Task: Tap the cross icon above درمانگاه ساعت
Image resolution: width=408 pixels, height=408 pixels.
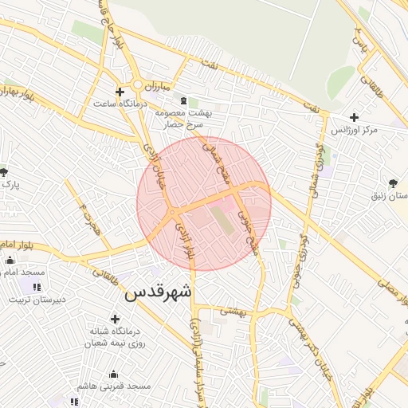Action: (x=120, y=92)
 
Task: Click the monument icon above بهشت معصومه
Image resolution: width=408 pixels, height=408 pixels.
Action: (x=185, y=101)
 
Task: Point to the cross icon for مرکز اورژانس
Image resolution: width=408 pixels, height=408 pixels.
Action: (x=353, y=117)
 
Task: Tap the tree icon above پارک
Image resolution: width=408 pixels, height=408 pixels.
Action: (x=4, y=172)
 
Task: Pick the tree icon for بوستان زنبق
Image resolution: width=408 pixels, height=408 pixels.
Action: (x=393, y=183)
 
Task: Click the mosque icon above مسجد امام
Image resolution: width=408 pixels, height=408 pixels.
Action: (x=10, y=260)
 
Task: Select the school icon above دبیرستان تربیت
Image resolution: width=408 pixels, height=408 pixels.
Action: (x=36, y=287)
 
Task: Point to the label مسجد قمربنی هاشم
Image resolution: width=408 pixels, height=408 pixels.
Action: (x=112, y=386)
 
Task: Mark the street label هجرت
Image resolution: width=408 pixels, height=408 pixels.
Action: (x=88, y=216)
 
